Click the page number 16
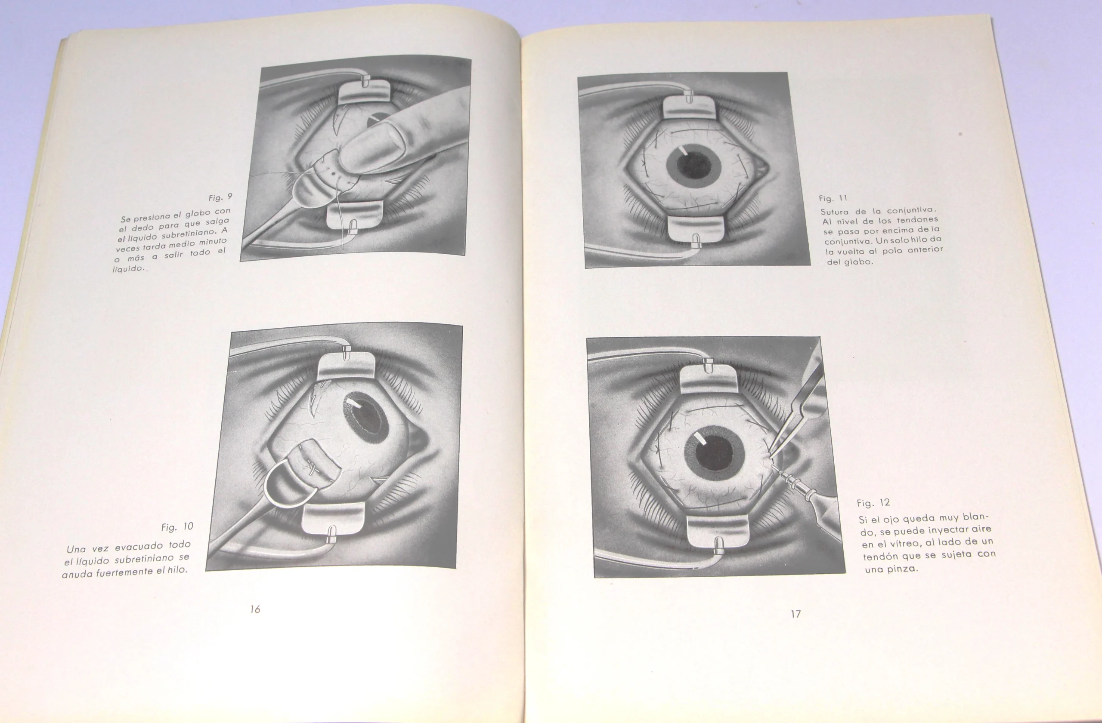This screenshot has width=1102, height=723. point(255,609)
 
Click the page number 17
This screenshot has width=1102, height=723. point(796,614)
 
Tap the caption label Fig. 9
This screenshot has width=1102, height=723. point(220,197)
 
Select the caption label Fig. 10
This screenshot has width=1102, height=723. point(177,527)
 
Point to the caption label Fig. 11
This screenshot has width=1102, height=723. point(833,198)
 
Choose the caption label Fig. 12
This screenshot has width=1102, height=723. point(873,503)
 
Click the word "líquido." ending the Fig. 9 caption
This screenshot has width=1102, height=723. point(130,268)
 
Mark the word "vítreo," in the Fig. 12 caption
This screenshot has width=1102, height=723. point(896,544)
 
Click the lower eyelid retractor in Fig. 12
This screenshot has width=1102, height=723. point(717,532)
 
